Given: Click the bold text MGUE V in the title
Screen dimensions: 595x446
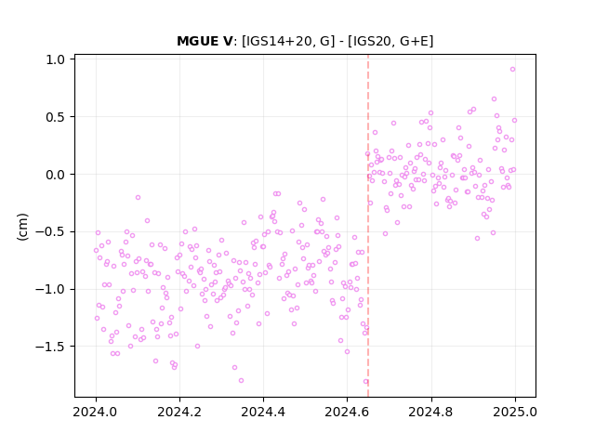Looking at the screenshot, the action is [x=205, y=41].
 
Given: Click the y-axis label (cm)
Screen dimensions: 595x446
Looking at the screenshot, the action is [x=22, y=227].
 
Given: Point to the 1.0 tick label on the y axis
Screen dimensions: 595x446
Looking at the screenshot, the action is [x=56, y=59].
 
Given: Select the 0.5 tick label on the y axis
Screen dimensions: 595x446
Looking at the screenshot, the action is [x=56, y=117].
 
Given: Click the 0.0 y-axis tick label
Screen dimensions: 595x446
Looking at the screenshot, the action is [x=56, y=175].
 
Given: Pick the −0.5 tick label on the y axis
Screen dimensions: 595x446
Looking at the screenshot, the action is [x=50, y=231].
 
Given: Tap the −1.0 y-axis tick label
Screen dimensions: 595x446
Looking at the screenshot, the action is [x=50, y=289].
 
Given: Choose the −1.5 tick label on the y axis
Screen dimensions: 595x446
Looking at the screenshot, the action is [x=50, y=347].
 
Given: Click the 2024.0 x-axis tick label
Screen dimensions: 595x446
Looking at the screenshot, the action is [x=96, y=412].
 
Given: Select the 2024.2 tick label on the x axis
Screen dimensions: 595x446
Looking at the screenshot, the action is [x=179, y=412].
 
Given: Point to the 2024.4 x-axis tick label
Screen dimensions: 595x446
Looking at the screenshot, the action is [x=263, y=412].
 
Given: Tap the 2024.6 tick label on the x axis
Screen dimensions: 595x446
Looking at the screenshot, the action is [x=347, y=412].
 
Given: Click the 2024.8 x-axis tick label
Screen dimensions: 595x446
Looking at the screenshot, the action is [x=430, y=412].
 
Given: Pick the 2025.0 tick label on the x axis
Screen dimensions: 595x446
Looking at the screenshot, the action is [x=515, y=412].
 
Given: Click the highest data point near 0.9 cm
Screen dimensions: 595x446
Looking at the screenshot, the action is [x=512, y=70].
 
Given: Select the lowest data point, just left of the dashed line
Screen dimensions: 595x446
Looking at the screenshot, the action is [x=365, y=382].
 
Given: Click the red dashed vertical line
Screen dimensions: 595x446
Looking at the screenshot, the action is [x=368, y=226].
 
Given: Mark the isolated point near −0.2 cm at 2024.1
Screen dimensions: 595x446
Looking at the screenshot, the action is [x=138, y=198].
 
